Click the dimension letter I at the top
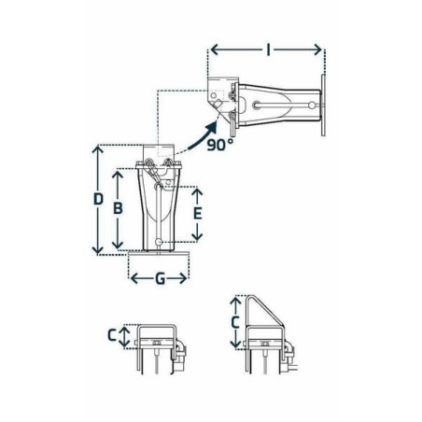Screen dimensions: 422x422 click(268, 49)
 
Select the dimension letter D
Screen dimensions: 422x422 click(98, 199)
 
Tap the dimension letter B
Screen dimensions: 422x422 click(118, 208)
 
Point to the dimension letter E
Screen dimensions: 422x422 click(197, 214)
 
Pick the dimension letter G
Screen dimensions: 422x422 click(160, 278)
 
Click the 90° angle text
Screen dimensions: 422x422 click(220, 145)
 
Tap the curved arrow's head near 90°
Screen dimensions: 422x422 click(212, 127)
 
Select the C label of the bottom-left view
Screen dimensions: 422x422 click(112, 335)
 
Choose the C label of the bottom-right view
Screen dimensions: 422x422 click(235, 322)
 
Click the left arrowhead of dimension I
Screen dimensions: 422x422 click(215, 49)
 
